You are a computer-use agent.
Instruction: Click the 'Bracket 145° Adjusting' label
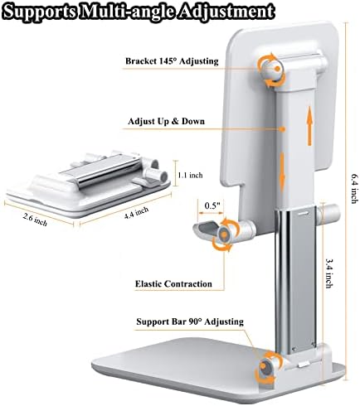tap(172, 61)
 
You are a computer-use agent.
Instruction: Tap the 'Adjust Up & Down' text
tap(166, 121)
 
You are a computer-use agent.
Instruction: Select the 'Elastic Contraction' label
tap(173, 283)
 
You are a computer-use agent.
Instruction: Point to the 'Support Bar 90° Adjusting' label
tap(190, 321)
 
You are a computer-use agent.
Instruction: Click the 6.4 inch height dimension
tap(355, 189)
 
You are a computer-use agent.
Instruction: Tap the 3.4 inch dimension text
tap(328, 273)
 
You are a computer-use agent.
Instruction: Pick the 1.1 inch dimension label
tap(190, 175)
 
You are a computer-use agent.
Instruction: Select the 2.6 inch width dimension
tap(35, 220)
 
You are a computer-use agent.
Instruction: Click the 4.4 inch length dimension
tap(136, 213)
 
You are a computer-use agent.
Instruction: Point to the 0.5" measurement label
tap(212, 205)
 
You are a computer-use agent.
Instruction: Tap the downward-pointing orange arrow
tap(282, 172)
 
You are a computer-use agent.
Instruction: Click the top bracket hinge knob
tap(271, 70)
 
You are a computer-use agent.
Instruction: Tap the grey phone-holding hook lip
tap(205, 229)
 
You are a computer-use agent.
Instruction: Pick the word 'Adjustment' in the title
tap(226, 12)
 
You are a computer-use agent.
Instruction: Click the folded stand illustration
tap(89, 184)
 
